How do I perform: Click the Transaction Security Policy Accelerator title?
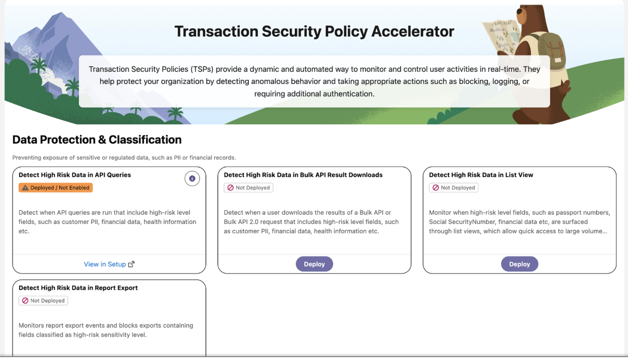tap(314, 31)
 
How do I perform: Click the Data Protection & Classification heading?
tap(97, 140)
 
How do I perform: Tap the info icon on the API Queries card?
tap(192, 178)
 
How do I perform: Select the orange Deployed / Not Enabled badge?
tap(56, 188)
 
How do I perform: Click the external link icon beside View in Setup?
tap(131, 264)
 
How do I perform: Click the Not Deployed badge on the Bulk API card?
tap(248, 188)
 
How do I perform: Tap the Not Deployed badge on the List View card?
tap(454, 188)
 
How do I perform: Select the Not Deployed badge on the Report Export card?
tap(43, 300)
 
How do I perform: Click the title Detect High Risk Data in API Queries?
tap(74, 174)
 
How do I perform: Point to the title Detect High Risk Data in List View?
tap(481, 174)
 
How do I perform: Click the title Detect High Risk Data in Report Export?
tap(78, 288)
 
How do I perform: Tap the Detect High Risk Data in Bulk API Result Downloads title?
tap(303, 174)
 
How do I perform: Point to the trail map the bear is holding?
tap(501, 36)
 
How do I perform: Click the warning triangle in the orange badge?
tap(25, 188)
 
